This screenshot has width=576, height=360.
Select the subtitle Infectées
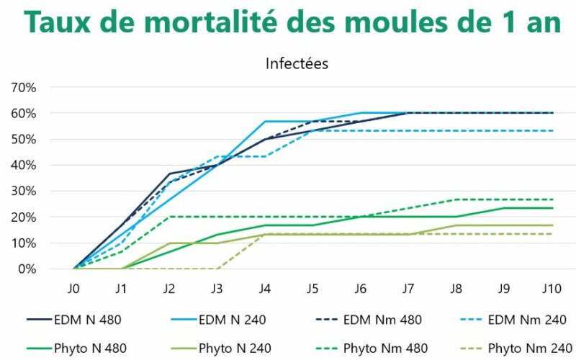point(297,63)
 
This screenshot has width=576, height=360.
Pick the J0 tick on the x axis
point(74,289)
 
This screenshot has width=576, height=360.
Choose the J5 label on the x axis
point(313,289)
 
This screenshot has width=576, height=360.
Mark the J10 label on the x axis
point(552,289)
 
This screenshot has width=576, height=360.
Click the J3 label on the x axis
point(217,289)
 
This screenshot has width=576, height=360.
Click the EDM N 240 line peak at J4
point(266,121)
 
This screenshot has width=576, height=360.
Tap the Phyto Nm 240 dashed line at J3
point(217,269)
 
